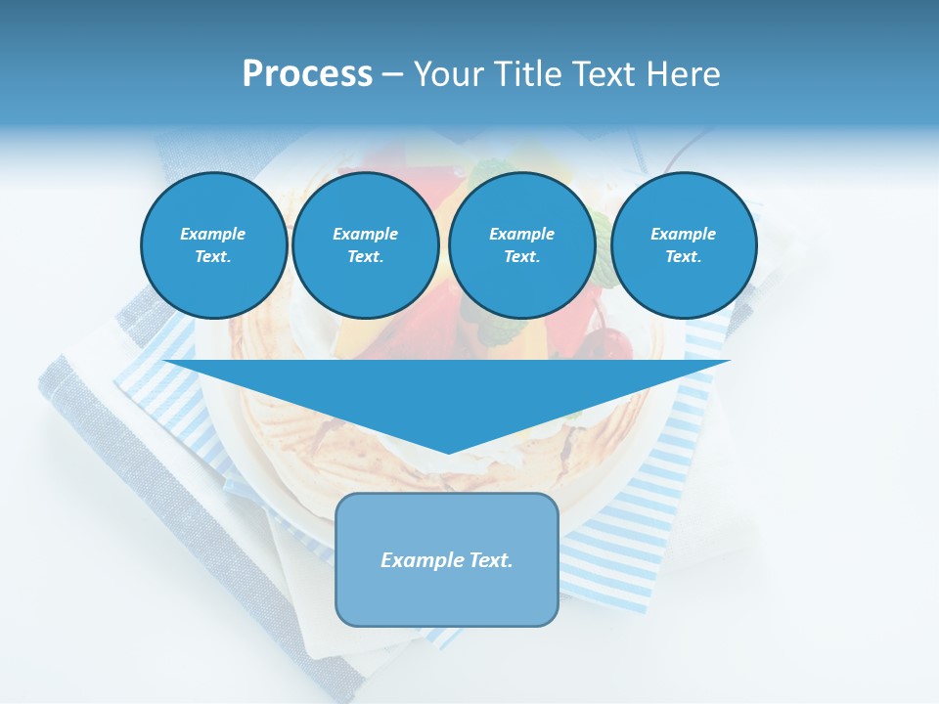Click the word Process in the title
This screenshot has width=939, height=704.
pyautogui.click(x=307, y=74)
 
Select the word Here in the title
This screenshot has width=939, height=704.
pyautogui.click(x=684, y=74)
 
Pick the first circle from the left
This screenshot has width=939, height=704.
pyautogui.click(x=214, y=245)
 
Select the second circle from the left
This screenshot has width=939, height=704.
pyautogui.click(x=366, y=245)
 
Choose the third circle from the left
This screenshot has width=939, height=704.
pyautogui.click(x=522, y=245)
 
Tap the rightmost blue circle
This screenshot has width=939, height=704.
pyautogui.click(x=684, y=245)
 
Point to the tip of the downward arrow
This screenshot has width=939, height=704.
pyautogui.click(x=448, y=452)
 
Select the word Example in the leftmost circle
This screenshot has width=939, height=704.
pyautogui.click(x=213, y=234)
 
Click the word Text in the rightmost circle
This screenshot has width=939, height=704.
pyautogui.click(x=683, y=257)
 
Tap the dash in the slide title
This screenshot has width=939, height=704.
pyautogui.click(x=392, y=74)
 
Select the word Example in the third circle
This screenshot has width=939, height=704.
pyautogui.click(x=522, y=234)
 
